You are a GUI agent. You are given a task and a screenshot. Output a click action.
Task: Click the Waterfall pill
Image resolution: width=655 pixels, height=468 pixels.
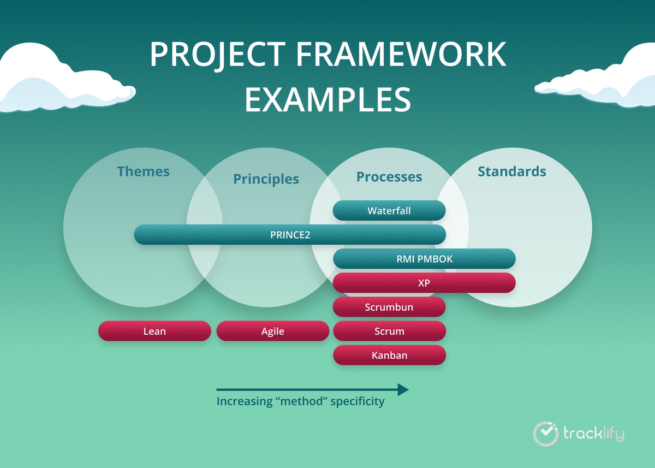tap(389, 211)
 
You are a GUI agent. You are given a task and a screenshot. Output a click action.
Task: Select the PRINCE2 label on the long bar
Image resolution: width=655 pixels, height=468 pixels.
tap(290, 235)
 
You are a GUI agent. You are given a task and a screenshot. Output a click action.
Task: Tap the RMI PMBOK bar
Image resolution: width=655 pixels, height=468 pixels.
tap(424, 259)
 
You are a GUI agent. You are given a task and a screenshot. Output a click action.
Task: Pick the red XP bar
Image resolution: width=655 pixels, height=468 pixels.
tap(424, 283)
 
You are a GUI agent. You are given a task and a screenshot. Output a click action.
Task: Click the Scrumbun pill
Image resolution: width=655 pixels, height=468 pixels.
tap(389, 307)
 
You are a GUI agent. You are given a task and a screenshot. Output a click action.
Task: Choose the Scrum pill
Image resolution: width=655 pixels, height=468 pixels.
tap(389, 331)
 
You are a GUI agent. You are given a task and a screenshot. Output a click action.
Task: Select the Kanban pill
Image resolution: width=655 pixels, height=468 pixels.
tap(389, 355)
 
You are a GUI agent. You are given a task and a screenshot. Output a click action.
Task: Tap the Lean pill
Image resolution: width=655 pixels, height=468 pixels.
tap(154, 331)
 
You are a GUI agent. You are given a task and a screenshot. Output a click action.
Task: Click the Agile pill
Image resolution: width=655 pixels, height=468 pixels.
tap(273, 331)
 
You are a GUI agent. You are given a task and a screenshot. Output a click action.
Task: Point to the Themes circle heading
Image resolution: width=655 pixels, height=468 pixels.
tap(143, 171)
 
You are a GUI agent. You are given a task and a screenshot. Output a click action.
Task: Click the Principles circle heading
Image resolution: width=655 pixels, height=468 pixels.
tap(266, 179)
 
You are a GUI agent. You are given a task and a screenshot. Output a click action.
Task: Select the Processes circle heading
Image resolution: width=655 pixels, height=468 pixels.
tap(389, 177)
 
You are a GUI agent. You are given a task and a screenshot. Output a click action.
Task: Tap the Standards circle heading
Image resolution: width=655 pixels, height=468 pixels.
tap(511, 171)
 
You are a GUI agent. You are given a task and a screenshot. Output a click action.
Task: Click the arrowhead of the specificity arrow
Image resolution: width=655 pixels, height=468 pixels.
tap(403, 389)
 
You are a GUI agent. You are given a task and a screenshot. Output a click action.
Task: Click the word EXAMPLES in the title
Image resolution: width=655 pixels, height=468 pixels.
tap(327, 99)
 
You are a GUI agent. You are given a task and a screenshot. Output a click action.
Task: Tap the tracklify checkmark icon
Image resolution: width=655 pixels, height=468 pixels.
tap(544, 433)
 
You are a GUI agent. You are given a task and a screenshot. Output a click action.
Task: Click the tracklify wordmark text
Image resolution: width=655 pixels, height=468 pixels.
tap(593, 434)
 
